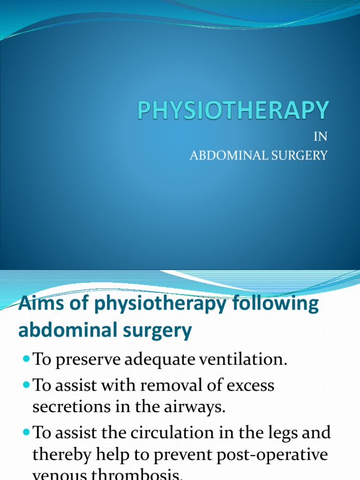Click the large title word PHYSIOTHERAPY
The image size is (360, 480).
[x=233, y=111]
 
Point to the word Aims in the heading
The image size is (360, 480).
[x=37, y=304]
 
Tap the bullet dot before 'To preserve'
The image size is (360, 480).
[x=25, y=359]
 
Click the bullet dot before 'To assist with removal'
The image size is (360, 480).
[x=25, y=385]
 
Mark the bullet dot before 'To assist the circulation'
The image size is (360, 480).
[x=25, y=432]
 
